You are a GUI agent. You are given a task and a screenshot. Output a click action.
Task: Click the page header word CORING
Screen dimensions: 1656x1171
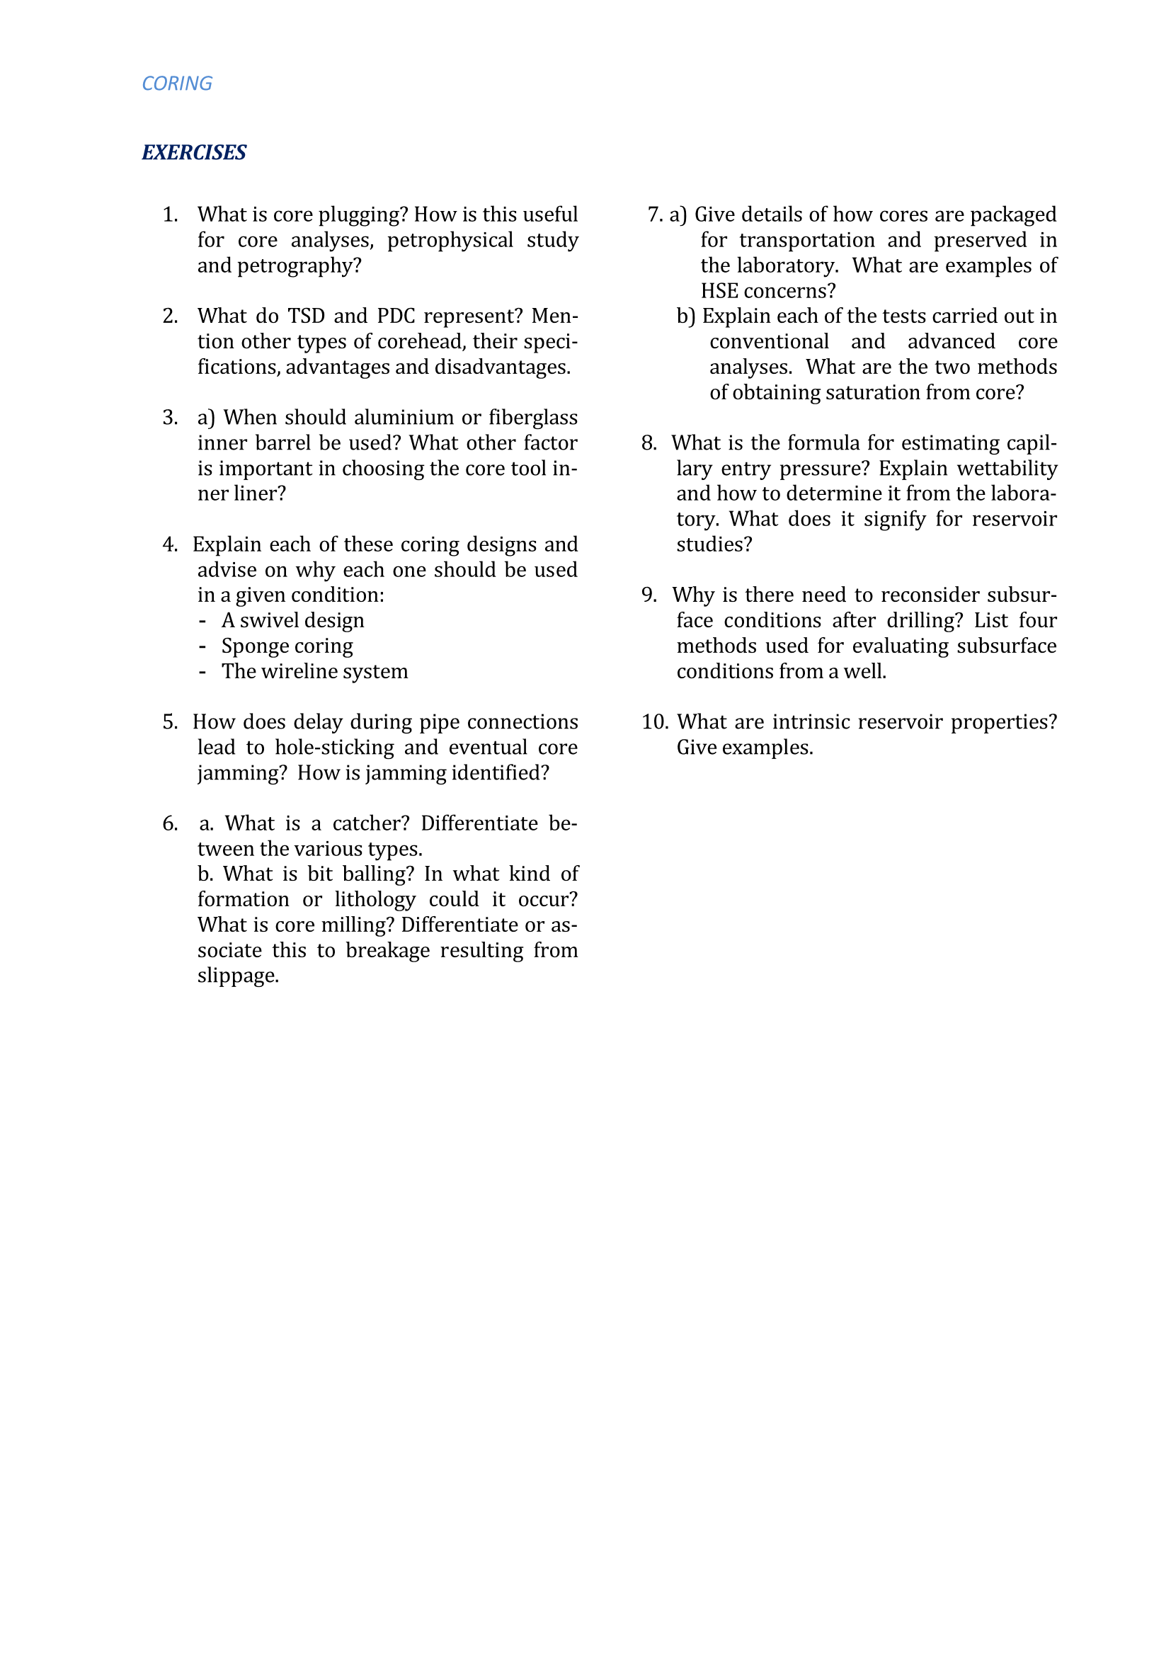tap(177, 84)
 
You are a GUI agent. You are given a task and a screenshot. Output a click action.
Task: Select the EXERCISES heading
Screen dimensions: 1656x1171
tap(194, 152)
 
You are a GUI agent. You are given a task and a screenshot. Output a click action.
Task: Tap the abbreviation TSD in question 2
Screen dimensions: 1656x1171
tap(306, 316)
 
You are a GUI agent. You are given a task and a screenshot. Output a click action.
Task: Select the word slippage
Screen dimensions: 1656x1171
tap(238, 976)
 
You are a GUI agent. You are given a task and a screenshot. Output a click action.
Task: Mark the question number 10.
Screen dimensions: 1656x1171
tap(655, 722)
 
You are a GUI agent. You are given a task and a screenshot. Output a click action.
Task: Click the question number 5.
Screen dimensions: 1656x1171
tap(169, 722)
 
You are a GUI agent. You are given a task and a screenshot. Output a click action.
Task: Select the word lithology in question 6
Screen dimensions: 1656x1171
tap(375, 899)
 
